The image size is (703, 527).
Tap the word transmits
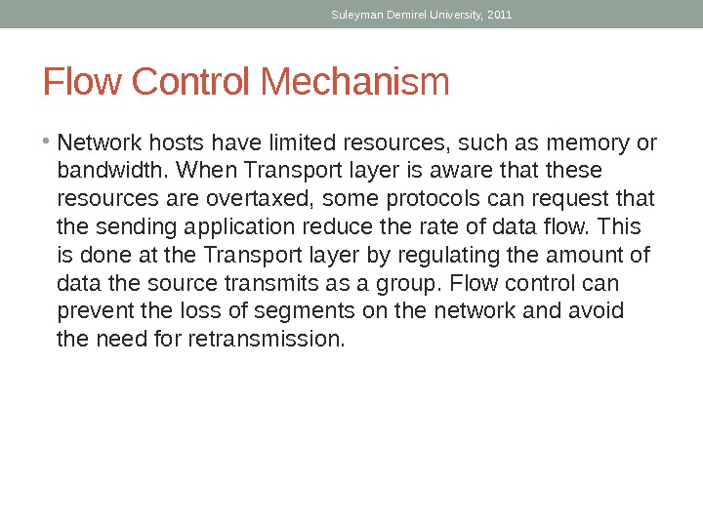click(x=261, y=284)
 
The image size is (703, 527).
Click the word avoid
click(x=597, y=312)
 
